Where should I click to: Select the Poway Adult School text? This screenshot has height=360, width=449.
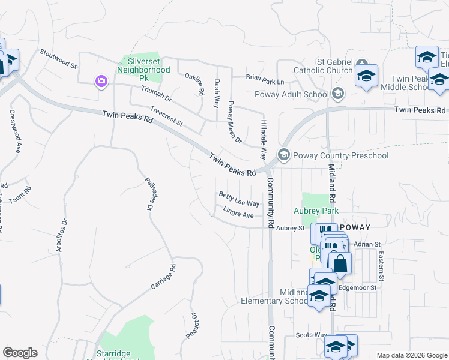click(x=292, y=94)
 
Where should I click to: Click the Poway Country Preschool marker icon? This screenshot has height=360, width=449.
click(x=284, y=155)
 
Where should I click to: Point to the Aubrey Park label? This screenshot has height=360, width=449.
click(x=316, y=211)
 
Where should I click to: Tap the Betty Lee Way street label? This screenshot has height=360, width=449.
click(x=239, y=199)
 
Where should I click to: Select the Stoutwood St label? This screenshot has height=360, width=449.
click(x=58, y=58)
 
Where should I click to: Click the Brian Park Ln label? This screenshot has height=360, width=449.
click(x=264, y=78)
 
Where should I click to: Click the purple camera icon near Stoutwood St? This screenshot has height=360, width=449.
click(x=101, y=81)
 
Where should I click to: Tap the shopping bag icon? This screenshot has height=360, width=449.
click(x=339, y=262)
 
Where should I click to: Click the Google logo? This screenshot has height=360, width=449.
click(x=20, y=353)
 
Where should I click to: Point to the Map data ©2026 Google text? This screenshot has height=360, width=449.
click(x=411, y=355)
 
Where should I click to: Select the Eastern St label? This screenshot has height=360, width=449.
click(x=381, y=265)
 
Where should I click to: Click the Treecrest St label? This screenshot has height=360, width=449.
click(x=166, y=116)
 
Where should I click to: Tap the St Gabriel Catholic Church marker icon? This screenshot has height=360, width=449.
click(x=362, y=63)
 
